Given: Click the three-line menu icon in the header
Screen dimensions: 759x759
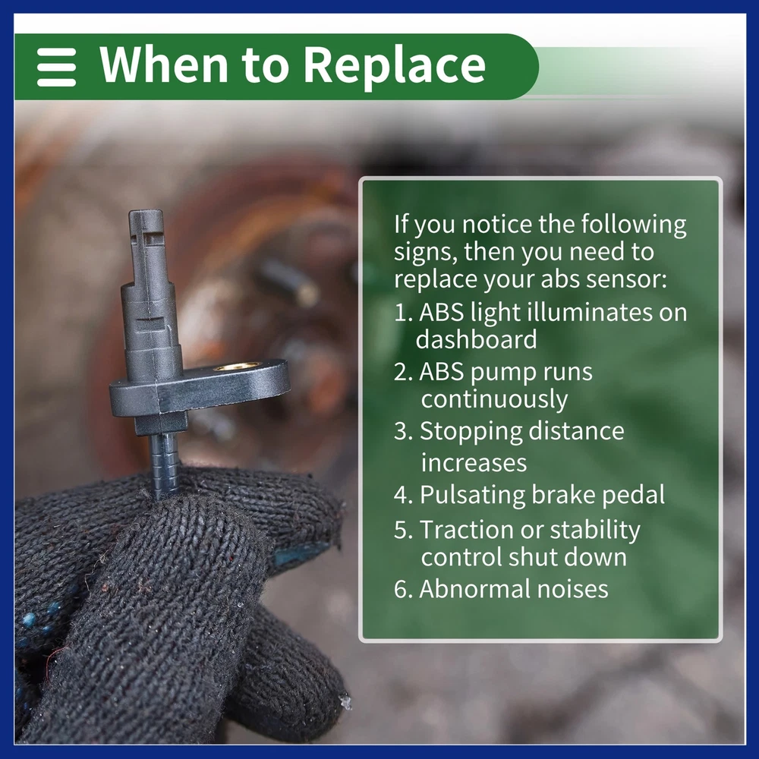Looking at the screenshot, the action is pyautogui.click(x=56, y=67).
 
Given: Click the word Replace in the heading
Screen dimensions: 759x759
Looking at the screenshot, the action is pyautogui.click(x=395, y=65).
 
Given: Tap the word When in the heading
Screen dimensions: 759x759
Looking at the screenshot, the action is pyautogui.click(x=163, y=64).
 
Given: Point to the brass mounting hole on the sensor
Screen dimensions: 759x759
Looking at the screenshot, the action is pyautogui.click(x=237, y=367).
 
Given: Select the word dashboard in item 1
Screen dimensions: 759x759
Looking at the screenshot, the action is pyautogui.click(x=477, y=339).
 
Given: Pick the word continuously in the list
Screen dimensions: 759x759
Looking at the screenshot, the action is pyautogui.click(x=494, y=400).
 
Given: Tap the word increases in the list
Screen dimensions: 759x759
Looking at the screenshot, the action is pyautogui.click(x=474, y=463).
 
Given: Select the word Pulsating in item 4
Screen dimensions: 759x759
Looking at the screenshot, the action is pyautogui.click(x=472, y=495).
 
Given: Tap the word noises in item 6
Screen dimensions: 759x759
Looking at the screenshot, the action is pyautogui.click(x=572, y=590).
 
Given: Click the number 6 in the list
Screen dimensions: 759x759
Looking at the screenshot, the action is pyautogui.click(x=400, y=590).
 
